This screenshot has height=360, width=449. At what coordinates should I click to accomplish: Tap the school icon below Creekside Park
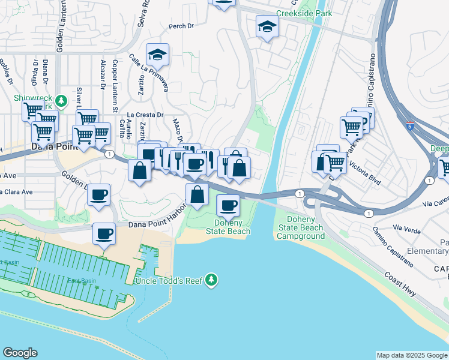point(267,26)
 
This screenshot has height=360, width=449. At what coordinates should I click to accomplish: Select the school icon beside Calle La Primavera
point(157,55)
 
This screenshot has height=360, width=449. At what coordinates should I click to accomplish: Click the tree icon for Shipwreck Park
point(61,100)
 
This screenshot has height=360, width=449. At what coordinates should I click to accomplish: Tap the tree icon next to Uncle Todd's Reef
point(211,280)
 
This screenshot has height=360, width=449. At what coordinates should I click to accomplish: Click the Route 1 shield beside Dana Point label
point(109,154)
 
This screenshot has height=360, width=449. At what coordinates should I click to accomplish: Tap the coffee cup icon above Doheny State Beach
point(227,206)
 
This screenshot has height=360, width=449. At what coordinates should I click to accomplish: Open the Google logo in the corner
point(20,353)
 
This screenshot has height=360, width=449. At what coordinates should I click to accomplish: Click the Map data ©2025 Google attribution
point(412,355)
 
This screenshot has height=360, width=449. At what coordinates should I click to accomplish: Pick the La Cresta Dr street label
point(145,115)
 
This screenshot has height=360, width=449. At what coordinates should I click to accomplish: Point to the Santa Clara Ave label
point(16,192)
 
